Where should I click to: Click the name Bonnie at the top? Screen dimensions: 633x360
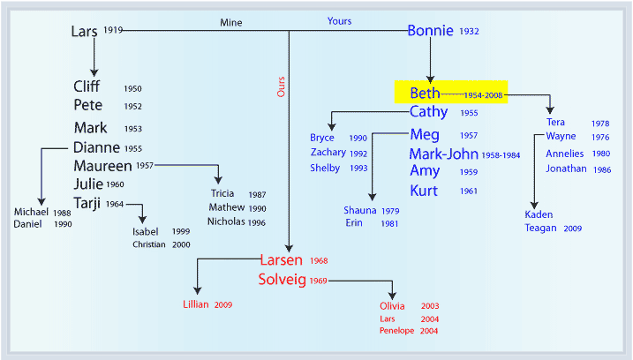430,31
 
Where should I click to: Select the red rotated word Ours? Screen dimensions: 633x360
281,86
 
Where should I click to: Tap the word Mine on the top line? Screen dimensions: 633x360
231,23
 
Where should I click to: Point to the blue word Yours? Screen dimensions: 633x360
339,21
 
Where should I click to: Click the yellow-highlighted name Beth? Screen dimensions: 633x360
425,94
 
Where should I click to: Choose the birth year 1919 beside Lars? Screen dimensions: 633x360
113,30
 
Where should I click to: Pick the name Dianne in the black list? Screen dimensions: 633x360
96,147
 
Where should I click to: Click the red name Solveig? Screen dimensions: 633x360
283,280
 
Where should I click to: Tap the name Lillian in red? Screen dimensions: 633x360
196,304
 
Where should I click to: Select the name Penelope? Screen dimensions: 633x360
396,331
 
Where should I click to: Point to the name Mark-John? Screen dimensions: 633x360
444,154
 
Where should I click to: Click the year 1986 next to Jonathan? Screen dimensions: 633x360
602,170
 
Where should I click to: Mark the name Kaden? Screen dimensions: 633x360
539,214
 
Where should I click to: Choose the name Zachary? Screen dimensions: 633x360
328,153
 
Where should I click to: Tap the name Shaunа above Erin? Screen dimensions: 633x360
359,210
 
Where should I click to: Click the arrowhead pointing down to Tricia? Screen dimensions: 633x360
218,180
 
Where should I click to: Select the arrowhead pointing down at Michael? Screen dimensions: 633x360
41,202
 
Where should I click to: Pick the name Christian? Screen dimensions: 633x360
149,244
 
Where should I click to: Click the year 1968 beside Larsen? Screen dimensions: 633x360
319,260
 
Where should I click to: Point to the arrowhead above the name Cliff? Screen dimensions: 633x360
94,72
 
